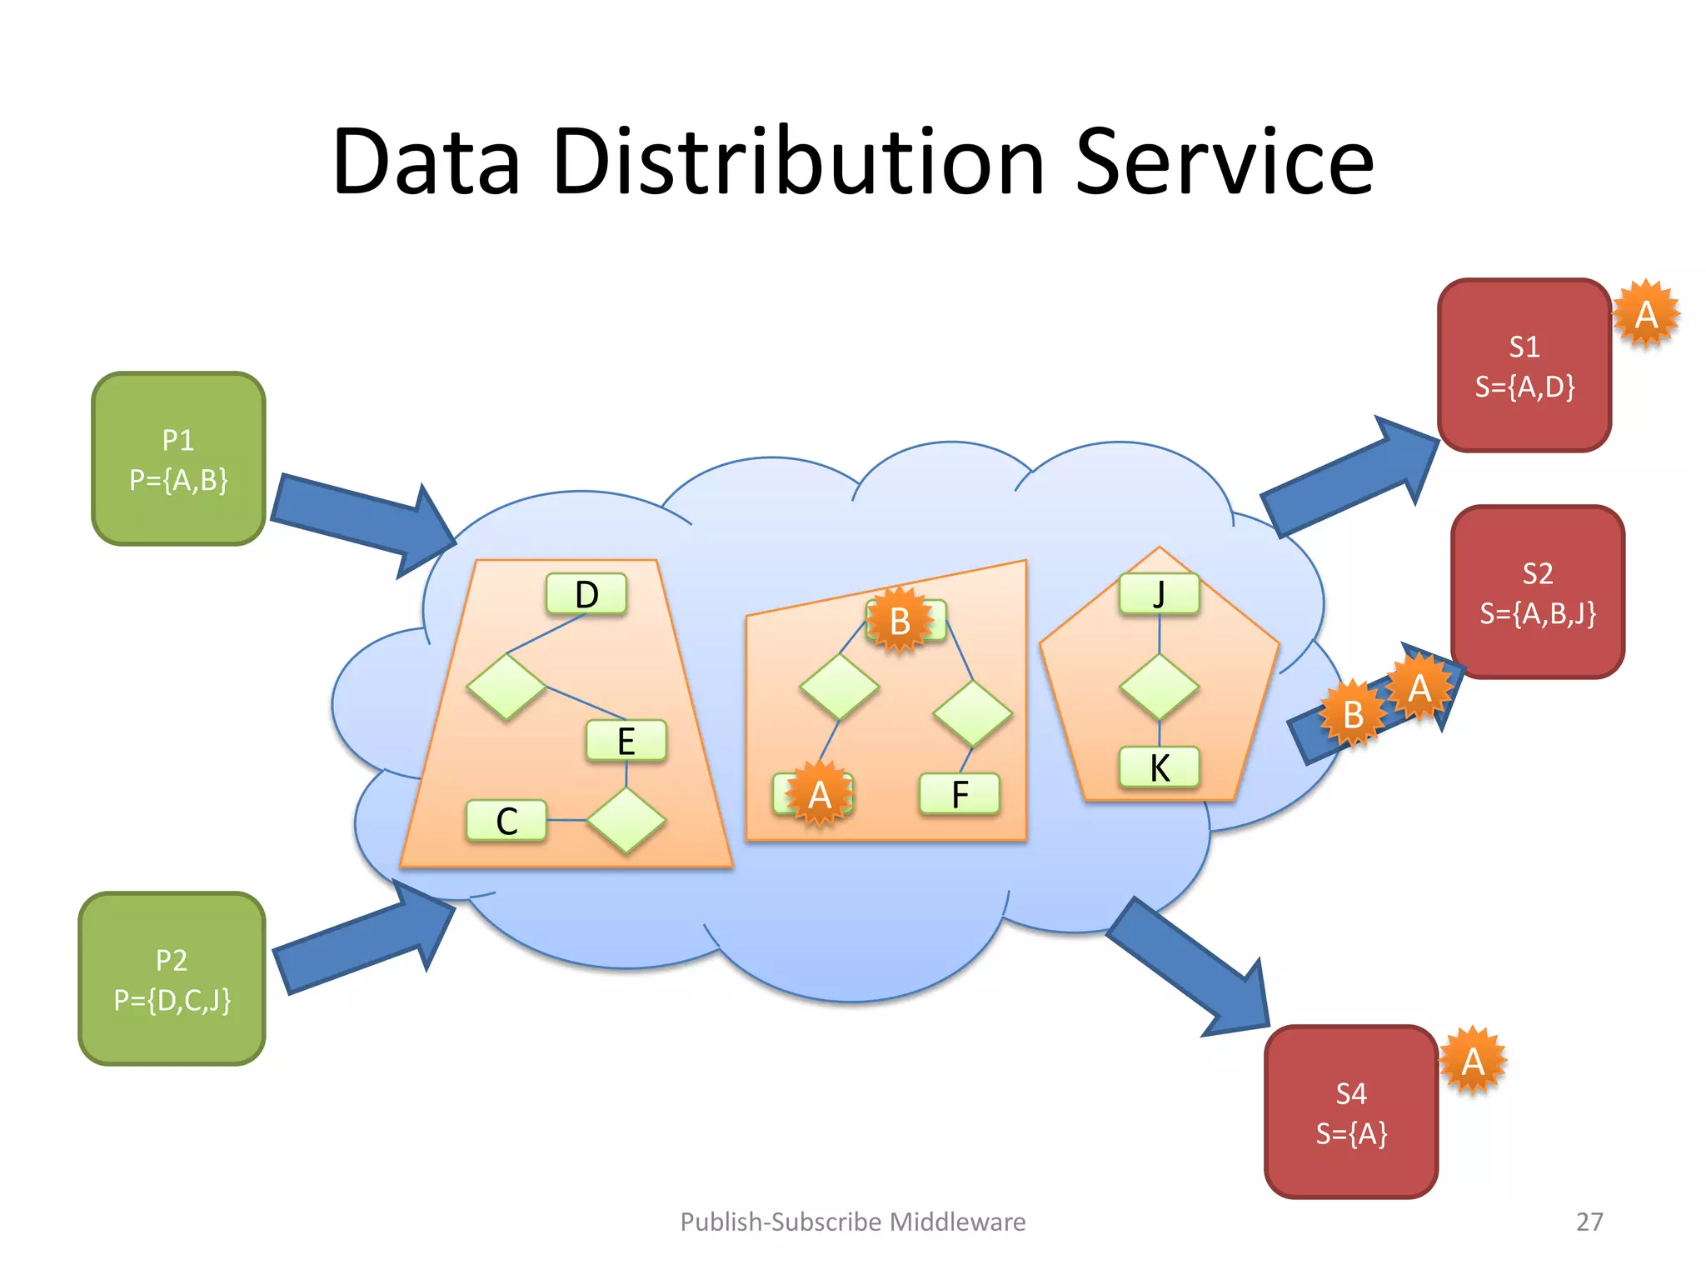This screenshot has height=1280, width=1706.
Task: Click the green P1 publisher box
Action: [x=178, y=459]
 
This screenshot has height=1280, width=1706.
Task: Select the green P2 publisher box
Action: [x=172, y=979]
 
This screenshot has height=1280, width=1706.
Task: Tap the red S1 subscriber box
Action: [x=1524, y=366]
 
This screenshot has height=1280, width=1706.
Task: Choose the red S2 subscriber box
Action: [x=1538, y=592]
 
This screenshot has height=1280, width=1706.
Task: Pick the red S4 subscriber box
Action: [x=1351, y=1112]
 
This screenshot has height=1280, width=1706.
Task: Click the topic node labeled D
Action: [x=586, y=594]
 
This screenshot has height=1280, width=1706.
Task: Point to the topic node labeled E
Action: [x=626, y=741]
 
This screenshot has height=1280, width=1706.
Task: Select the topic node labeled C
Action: [x=506, y=821]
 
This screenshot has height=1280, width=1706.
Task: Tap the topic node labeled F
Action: [x=960, y=794]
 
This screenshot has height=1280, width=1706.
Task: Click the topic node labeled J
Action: [x=1160, y=594]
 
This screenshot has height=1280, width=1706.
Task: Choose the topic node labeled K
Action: [x=1160, y=767]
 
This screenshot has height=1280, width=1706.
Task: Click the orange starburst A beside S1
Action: [x=1646, y=314]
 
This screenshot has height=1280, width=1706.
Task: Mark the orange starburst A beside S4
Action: [x=1473, y=1061]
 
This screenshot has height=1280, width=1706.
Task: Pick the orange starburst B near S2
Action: [x=1353, y=714]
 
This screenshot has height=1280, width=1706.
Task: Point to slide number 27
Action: [x=1589, y=1222]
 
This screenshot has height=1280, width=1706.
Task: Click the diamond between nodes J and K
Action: [x=1160, y=687]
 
